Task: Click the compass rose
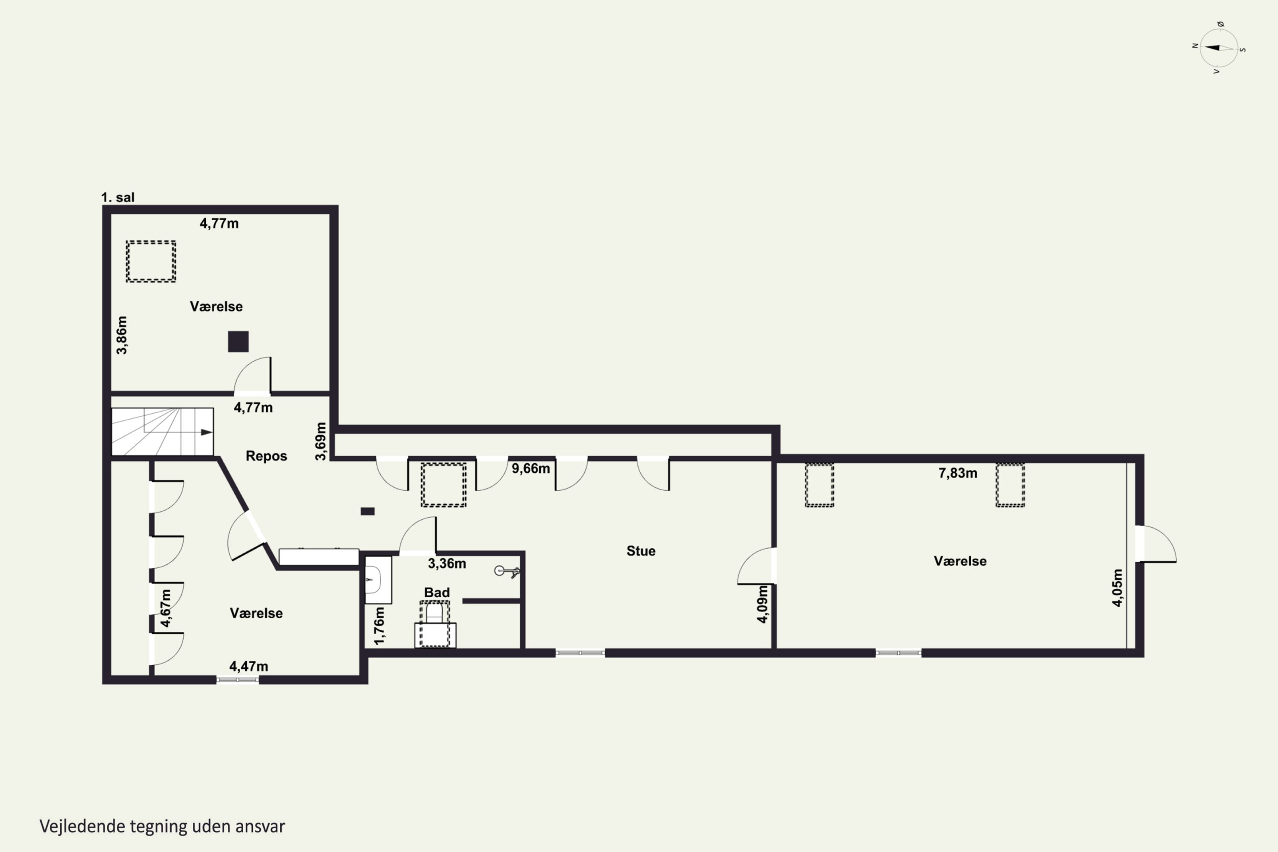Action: click(x=1219, y=48)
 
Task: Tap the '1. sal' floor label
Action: click(x=118, y=197)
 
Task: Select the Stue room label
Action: click(x=641, y=551)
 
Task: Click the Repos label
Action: click(x=266, y=456)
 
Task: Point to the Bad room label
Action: click(x=437, y=592)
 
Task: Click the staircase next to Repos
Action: click(x=162, y=432)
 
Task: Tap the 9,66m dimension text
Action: click(x=530, y=468)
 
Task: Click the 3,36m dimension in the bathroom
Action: click(x=446, y=564)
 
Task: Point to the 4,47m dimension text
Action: click(x=248, y=666)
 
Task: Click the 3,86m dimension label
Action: click(x=122, y=335)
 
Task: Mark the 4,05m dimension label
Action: click(x=1117, y=587)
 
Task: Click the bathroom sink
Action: click(x=377, y=580)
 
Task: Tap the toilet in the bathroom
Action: click(x=435, y=625)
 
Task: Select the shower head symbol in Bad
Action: click(x=507, y=571)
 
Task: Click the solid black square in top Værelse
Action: click(x=238, y=342)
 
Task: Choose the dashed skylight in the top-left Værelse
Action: click(x=151, y=262)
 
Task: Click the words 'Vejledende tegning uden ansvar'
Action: click(x=162, y=826)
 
